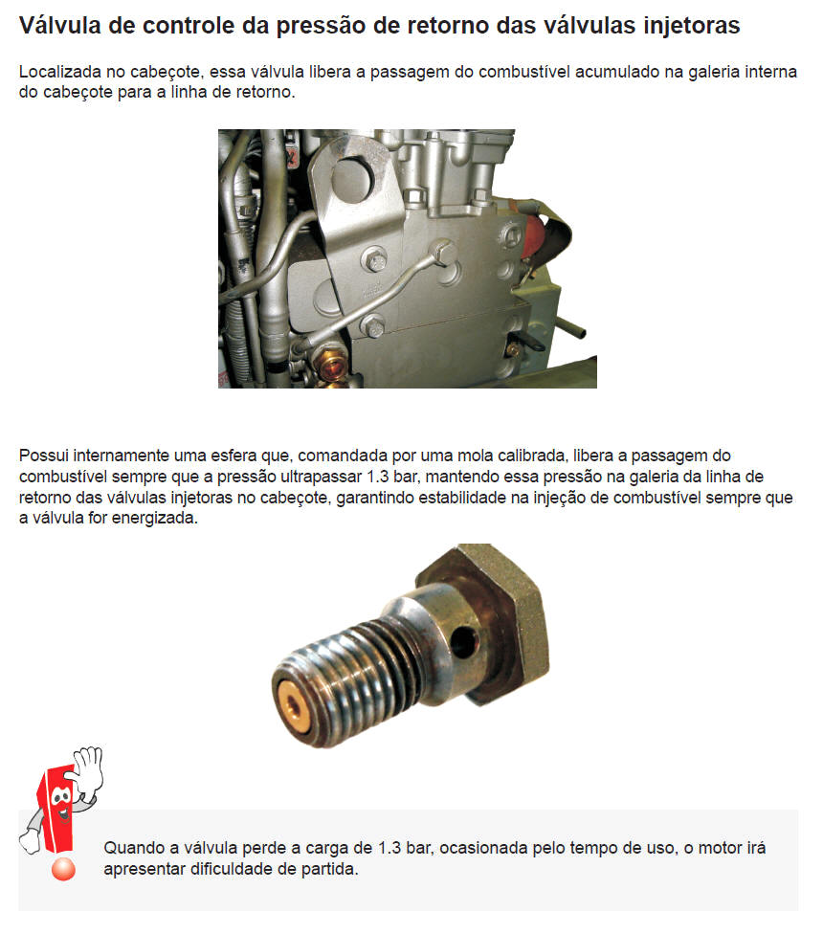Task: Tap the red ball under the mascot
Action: tap(63, 869)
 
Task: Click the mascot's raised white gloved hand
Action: tap(87, 770)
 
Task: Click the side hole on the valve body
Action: tap(463, 642)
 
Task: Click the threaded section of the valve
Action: tap(352, 679)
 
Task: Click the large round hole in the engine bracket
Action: tap(352, 179)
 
